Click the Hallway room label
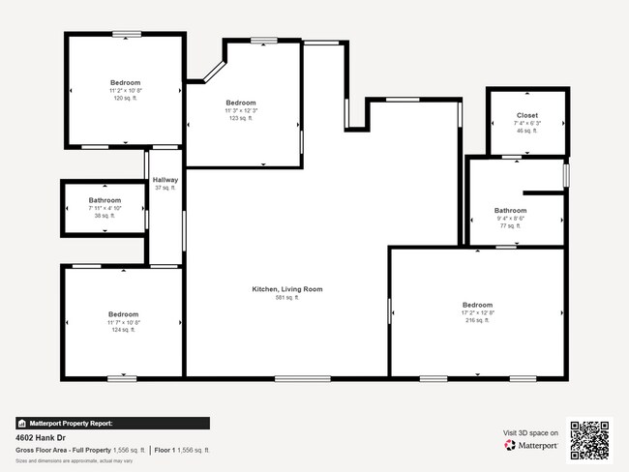[165, 180]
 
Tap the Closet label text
[526, 115]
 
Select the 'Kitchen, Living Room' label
[286, 289]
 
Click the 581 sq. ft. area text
[286, 298]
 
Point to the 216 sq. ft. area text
[477, 320]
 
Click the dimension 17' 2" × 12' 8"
[477, 312]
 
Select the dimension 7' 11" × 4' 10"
[105, 208]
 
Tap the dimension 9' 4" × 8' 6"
[510, 219]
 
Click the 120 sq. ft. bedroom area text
[125, 98]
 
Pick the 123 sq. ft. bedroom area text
[240, 118]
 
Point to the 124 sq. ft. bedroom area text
[123, 330]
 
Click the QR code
[589, 439]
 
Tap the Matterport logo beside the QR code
[529, 446]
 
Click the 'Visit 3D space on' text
[530, 432]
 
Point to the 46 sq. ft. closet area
[526, 131]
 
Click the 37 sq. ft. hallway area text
[165, 188]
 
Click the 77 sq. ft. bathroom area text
[510, 226]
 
